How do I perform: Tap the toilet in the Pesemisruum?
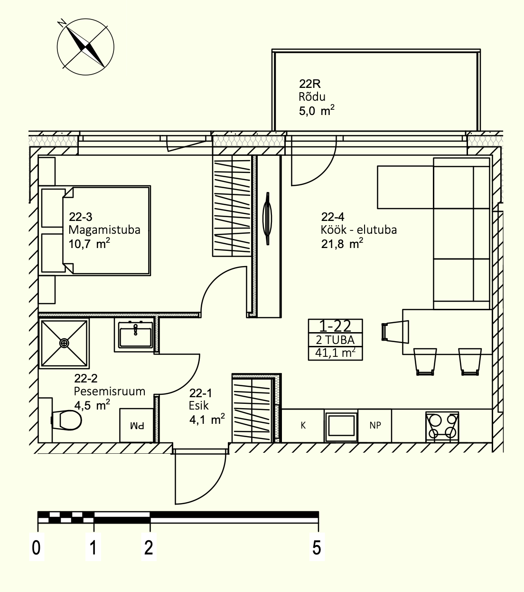click(x=66, y=420)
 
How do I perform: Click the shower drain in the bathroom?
click(x=64, y=343)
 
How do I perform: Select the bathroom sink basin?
click(x=135, y=336)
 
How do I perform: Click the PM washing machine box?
click(x=137, y=425)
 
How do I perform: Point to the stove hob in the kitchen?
click(x=442, y=427)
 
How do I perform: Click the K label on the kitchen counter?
click(x=303, y=425)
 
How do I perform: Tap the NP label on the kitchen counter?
click(x=375, y=425)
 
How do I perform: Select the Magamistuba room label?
click(x=104, y=230)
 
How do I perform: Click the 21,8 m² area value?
click(x=342, y=243)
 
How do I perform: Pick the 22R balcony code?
click(x=310, y=84)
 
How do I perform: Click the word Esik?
click(x=199, y=406)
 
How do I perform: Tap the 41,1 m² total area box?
click(x=336, y=353)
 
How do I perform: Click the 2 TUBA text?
click(x=336, y=340)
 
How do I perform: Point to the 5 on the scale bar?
click(x=317, y=548)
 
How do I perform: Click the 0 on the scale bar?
click(x=36, y=548)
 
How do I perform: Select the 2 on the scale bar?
click(x=149, y=548)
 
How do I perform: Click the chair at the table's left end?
click(x=395, y=332)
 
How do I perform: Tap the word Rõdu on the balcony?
click(x=312, y=97)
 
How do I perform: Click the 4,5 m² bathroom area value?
click(x=92, y=405)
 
